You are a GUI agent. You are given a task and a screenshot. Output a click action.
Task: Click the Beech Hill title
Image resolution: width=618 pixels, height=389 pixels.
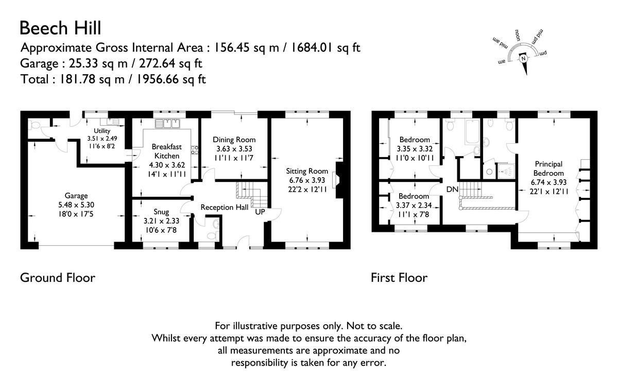point(60,28)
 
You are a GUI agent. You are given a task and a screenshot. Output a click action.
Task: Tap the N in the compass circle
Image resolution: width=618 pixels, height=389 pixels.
point(523,59)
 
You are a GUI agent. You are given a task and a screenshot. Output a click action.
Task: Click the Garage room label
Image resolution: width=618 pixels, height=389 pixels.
point(76,196)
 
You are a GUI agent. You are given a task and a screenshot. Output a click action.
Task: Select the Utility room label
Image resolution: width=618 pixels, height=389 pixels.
point(102,131)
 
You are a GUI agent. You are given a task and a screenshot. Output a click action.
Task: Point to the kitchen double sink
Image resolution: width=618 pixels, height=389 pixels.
point(167,124)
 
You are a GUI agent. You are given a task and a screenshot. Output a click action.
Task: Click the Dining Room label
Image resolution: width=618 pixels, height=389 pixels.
point(234,140)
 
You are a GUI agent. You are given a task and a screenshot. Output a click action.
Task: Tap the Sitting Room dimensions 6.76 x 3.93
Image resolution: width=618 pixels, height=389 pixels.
point(307,180)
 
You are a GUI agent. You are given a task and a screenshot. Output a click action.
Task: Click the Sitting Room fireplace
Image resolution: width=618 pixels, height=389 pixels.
point(338,180)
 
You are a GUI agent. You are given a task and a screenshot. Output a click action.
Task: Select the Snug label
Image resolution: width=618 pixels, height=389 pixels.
point(161,212)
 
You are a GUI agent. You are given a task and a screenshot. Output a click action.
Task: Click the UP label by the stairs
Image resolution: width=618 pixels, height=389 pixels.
point(260,212)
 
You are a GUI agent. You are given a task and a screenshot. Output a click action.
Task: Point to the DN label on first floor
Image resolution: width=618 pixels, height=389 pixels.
point(452,190)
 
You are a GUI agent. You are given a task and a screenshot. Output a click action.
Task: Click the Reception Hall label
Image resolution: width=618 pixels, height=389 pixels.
point(225,207)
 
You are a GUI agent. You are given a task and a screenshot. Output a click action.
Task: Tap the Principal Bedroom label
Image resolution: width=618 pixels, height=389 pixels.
point(548,168)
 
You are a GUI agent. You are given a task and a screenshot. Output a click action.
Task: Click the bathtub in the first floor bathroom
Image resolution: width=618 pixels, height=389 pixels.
point(472,132)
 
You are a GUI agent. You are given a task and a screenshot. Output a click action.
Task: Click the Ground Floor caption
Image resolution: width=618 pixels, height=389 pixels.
point(58,278)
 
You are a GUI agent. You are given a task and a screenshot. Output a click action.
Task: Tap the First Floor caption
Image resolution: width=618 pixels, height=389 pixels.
point(399,278)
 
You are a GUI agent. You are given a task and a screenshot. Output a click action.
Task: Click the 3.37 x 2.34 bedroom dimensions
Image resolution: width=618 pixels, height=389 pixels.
point(414,206)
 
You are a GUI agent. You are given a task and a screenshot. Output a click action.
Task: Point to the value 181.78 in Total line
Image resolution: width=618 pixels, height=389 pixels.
point(78,79)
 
